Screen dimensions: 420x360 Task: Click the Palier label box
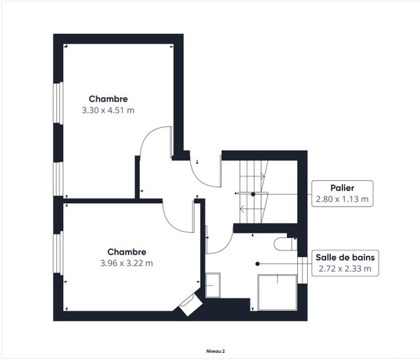(x=342, y=193)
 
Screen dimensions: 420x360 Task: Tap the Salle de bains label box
(x=345, y=263)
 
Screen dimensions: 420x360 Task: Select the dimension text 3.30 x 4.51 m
(x=108, y=110)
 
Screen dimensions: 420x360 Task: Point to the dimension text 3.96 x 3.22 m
(x=127, y=263)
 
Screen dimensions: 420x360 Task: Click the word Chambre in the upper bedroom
(x=108, y=99)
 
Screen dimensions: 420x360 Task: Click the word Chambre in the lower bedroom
(x=127, y=252)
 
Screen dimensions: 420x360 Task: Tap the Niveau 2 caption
(x=215, y=351)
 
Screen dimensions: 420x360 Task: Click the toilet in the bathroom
(x=285, y=244)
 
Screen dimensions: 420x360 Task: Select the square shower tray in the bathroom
(x=277, y=292)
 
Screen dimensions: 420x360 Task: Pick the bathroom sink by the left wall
(x=213, y=285)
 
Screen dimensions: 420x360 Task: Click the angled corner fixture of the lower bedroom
(x=190, y=305)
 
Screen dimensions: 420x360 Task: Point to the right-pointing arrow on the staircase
(x=253, y=176)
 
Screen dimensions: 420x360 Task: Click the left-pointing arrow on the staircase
(x=252, y=209)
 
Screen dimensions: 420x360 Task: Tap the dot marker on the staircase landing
(x=253, y=194)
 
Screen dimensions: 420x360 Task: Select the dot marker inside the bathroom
(x=257, y=264)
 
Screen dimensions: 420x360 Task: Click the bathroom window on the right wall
(x=303, y=270)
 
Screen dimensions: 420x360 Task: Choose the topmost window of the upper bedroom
(x=58, y=103)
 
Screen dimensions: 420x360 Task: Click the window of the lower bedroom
(x=58, y=252)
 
